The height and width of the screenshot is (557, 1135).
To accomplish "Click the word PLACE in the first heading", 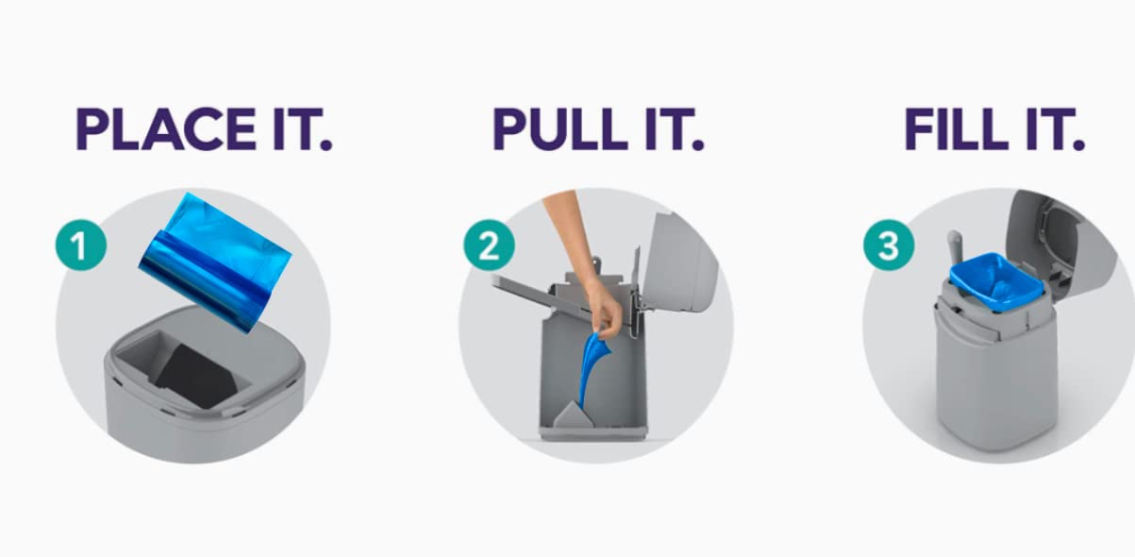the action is tap(166, 128).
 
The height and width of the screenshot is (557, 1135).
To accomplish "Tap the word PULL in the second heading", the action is tap(559, 128).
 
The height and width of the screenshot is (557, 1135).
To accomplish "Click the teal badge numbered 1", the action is tap(81, 245).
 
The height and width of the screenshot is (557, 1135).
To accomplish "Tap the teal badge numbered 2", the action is tap(489, 245).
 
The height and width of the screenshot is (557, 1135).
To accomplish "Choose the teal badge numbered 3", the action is tap(889, 245).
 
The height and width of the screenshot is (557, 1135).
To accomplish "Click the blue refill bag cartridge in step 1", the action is tap(215, 262).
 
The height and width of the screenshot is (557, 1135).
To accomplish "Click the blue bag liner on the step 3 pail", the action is tap(997, 282).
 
